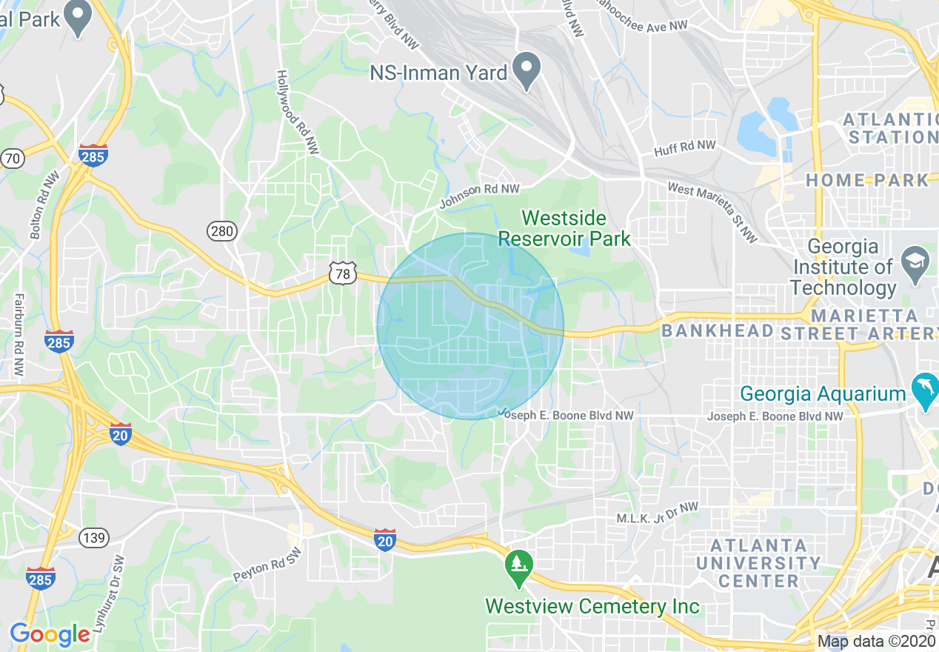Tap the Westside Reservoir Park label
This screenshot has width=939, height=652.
[x=564, y=228]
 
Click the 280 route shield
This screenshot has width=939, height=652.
[x=221, y=231]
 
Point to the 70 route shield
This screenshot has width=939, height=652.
[x=12, y=157]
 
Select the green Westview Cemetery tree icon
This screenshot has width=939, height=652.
[x=519, y=565]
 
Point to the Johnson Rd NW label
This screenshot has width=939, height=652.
[x=479, y=196]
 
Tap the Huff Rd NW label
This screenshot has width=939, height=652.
[x=684, y=149]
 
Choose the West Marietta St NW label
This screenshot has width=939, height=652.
[x=713, y=213]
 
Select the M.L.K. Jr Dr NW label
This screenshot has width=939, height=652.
[x=658, y=513]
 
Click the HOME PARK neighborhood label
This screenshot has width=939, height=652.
[x=866, y=180]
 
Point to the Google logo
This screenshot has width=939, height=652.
[x=49, y=634]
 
